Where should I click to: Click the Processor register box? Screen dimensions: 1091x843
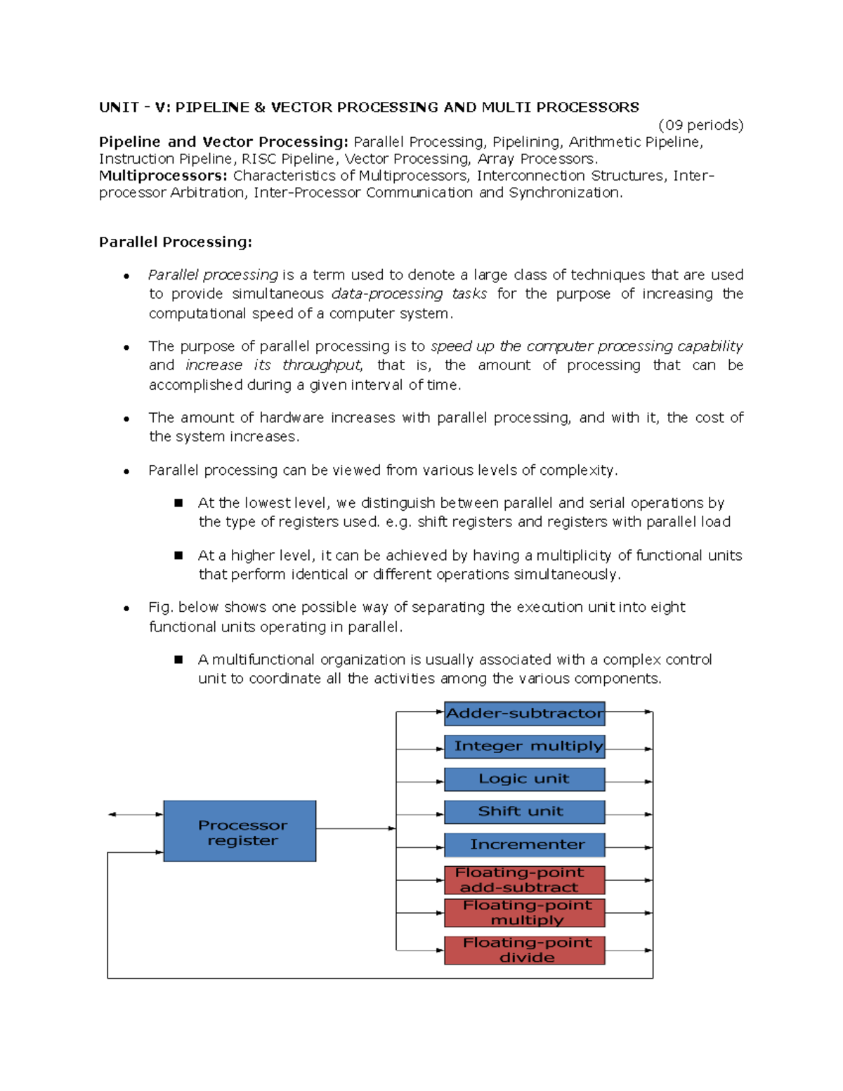[240, 831]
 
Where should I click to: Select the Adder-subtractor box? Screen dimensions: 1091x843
[524, 713]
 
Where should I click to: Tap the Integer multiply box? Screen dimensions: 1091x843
[524, 746]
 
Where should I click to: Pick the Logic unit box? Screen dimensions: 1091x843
[524, 779]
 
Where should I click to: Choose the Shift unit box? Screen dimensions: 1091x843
[524, 811]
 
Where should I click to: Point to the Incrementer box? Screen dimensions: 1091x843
[524, 844]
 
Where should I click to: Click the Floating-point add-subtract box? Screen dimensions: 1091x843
[524, 880]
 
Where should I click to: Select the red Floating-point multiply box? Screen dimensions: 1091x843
[524, 913]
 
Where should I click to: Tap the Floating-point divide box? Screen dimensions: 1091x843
[524, 950]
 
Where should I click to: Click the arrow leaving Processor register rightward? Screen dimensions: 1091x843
[355, 828]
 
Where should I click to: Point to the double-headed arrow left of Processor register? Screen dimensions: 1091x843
[135, 814]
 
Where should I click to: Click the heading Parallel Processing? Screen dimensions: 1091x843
[175, 242]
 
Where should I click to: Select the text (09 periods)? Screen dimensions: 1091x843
[700, 125]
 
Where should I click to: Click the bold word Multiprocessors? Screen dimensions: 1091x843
[163, 176]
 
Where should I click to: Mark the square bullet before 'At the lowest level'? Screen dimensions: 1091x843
[178, 503]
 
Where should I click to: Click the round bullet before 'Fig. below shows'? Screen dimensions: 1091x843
[126, 608]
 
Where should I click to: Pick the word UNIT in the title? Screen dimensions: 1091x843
[119, 107]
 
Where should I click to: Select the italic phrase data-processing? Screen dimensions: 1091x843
[386, 294]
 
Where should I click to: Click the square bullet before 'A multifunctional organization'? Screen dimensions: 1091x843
[178, 660]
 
